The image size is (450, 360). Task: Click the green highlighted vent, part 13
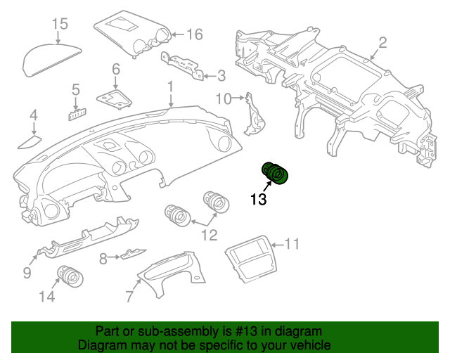(275, 173)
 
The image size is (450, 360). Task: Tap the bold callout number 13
(259, 199)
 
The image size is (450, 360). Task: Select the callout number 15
(60, 24)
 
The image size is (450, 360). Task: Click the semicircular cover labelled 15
(51, 60)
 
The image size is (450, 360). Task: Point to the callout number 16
(195, 34)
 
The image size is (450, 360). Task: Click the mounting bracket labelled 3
(182, 65)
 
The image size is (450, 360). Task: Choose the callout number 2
(382, 43)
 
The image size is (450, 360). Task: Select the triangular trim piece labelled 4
(30, 143)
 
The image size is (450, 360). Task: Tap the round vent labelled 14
(70, 277)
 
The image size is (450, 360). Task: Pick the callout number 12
(210, 235)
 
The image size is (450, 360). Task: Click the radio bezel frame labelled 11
(252, 259)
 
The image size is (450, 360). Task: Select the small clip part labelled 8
(133, 254)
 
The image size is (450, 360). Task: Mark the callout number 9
(27, 272)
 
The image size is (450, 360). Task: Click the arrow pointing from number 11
(277, 245)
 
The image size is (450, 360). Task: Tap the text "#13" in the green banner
(246, 331)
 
